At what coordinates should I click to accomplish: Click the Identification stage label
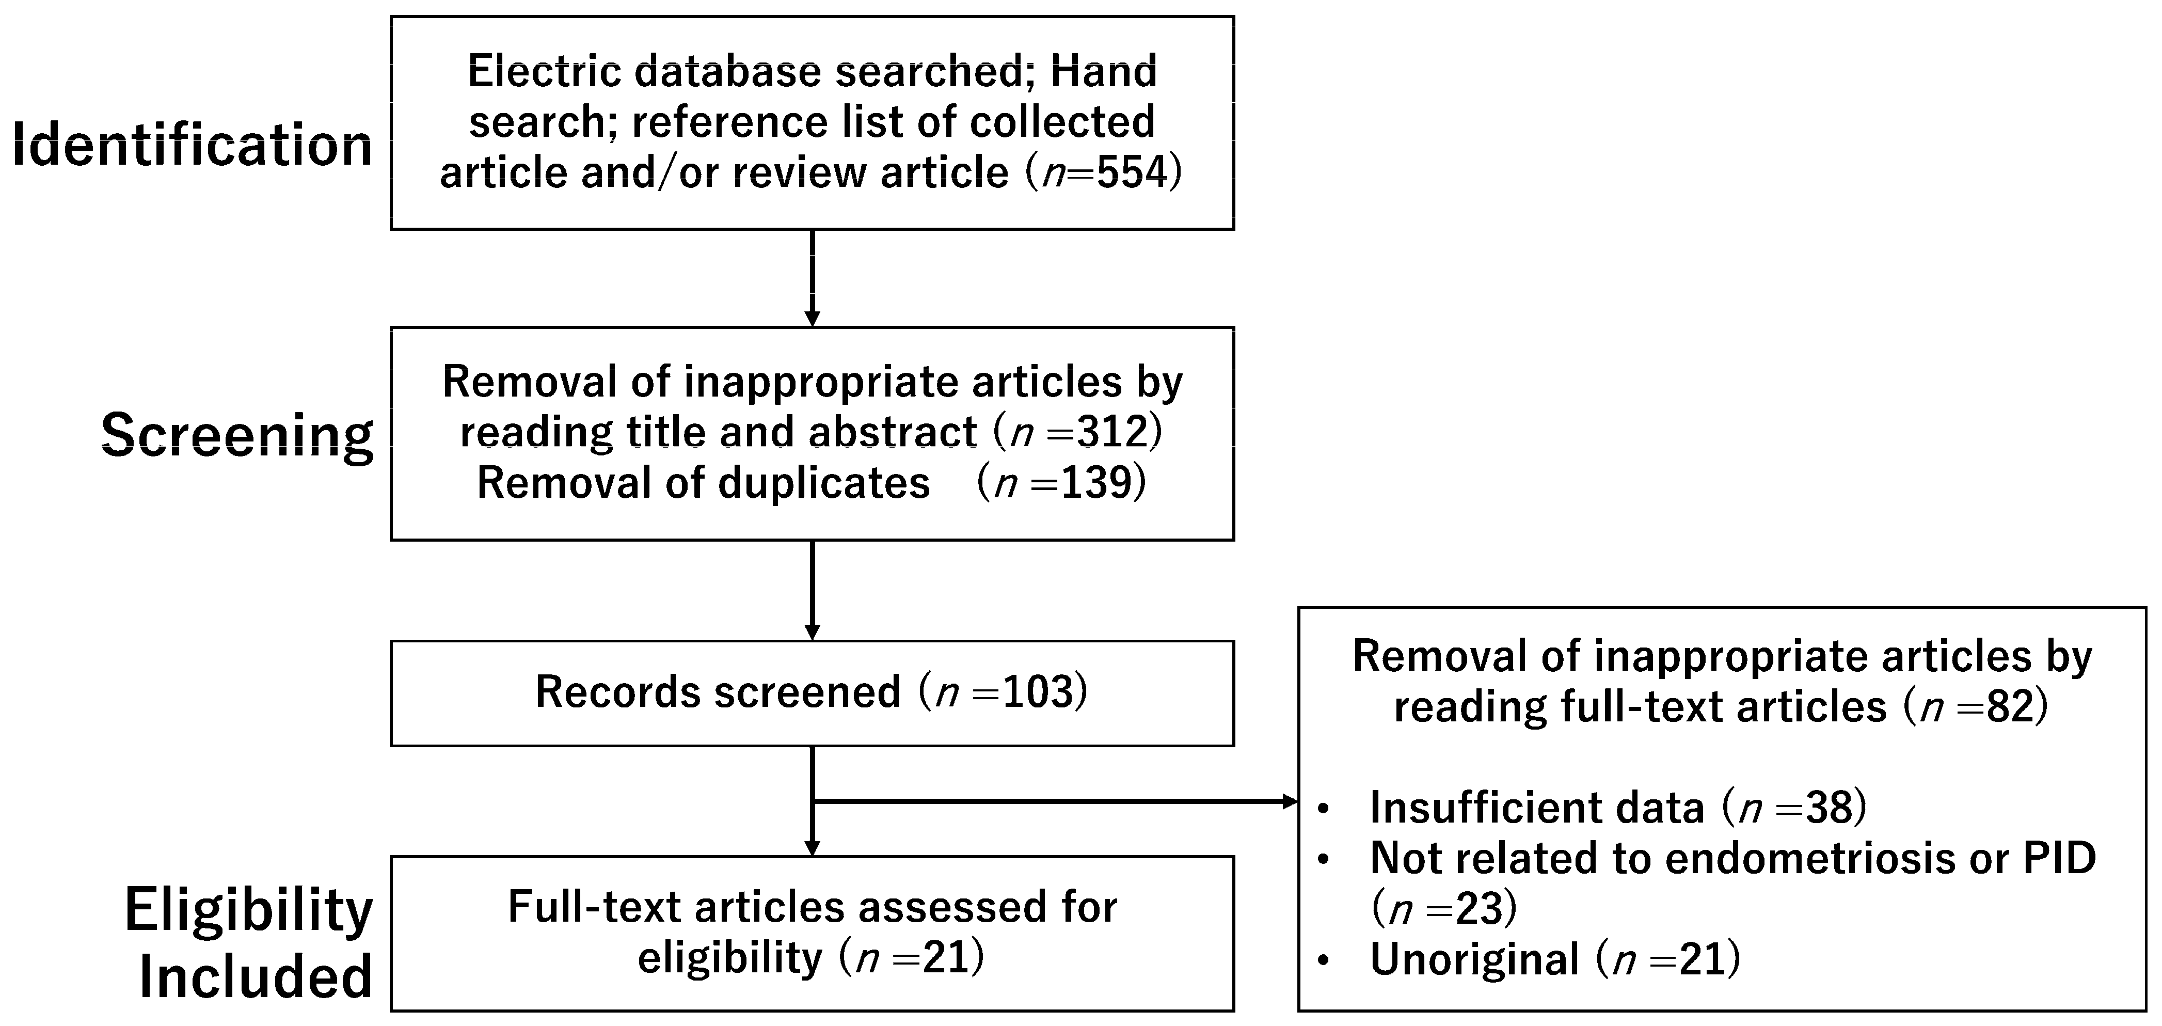coord(192,145)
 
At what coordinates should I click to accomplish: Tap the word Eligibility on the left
coord(248,911)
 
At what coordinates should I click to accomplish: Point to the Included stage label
coord(255,977)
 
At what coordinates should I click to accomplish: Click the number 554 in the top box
coord(1132,172)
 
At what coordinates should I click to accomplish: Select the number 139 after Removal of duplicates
coord(1096,483)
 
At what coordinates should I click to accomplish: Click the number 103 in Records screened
coord(1038,692)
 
